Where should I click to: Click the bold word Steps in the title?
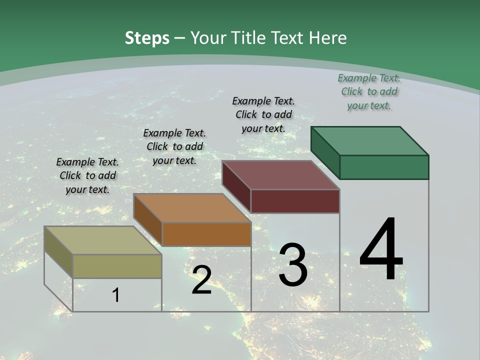click(x=147, y=38)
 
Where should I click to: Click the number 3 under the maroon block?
click(x=293, y=264)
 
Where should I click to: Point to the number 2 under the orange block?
click(x=201, y=279)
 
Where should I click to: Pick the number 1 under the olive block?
click(x=116, y=295)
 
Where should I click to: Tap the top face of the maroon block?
click(x=281, y=175)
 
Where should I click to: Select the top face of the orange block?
click(x=192, y=208)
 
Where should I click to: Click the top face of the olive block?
click(x=103, y=240)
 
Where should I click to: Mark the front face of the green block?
click(x=384, y=167)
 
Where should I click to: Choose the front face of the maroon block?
click(x=295, y=201)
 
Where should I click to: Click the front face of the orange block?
click(x=206, y=234)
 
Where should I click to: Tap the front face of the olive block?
click(x=117, y=266)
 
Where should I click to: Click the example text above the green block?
click(x=369, y=91)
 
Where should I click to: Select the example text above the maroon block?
click(x=263, y=114)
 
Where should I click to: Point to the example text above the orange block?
click(x=174, y=146)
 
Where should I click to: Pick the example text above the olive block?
click(x=87, y=175)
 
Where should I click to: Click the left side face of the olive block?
click(x=58, y=252)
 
